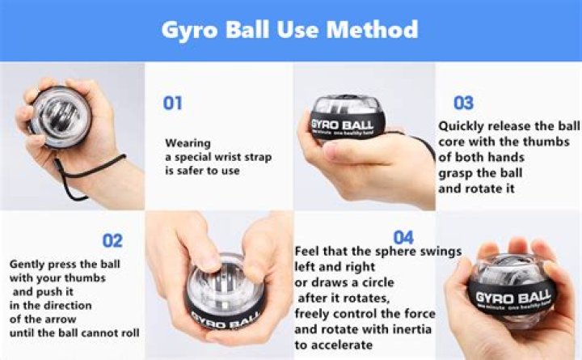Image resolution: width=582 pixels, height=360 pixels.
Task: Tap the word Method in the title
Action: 374,30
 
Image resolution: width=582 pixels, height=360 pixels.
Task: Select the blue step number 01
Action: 173,104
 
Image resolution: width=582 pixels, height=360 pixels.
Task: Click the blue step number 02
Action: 112,240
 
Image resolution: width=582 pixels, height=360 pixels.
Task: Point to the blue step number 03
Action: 463,103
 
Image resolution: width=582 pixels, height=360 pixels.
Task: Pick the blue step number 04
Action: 403,237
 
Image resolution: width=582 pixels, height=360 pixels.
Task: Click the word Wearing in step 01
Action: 187,142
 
